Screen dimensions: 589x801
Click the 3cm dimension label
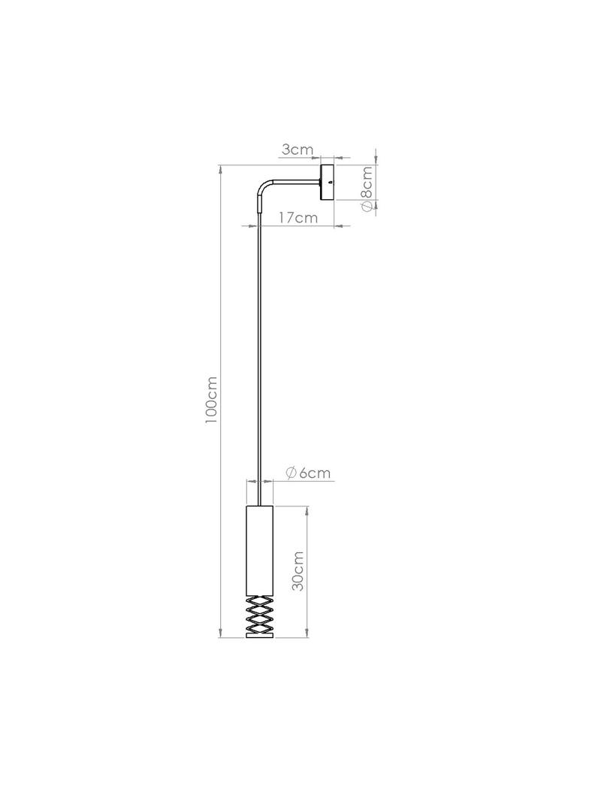(297, 150)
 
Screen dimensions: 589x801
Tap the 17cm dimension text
(298, 218)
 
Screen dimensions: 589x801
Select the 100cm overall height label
(211, 400)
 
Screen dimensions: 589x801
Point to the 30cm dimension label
(298, 570)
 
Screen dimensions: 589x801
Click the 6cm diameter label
(308, 473)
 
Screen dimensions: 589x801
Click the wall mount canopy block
(327, 183)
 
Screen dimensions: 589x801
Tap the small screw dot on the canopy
(330, 182)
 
